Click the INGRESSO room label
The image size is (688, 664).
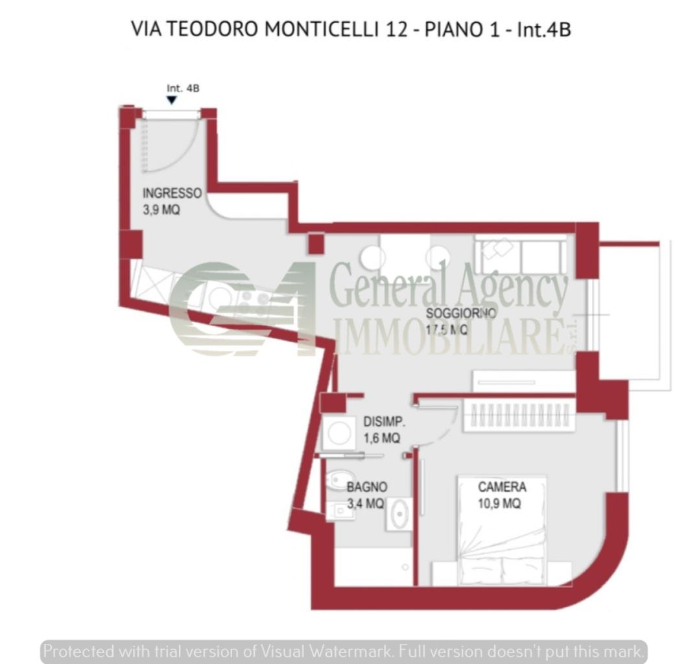(172, 193)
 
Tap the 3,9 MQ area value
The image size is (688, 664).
(161, 210)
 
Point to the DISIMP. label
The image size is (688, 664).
(385, 421)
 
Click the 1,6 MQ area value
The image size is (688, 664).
(382, 438)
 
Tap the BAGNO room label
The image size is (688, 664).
(367, 487)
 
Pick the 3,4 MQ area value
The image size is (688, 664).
(365, 504)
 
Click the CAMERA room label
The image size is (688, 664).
(502, 487)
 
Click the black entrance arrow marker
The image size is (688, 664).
(171, 100)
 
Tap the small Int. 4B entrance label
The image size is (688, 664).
(183, 88)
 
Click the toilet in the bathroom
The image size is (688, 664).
(337, 480)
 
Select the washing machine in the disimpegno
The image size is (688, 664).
(338, 432)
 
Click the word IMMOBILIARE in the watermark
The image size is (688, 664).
(447, 338)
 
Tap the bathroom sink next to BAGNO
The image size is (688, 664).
(399, 514)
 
